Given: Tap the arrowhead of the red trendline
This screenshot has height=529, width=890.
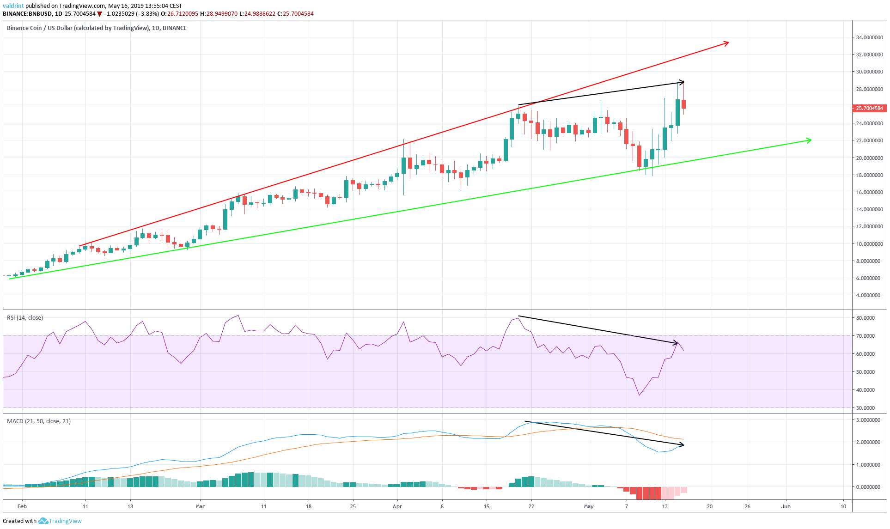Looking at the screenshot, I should coord(727,43).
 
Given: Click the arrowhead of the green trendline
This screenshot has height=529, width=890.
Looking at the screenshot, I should coord(810,140).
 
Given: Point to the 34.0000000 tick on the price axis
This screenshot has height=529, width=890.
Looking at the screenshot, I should coord(869,37).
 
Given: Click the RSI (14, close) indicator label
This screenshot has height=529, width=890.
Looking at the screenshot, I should coord(25,318).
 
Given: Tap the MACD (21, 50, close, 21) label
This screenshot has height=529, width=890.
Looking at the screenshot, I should coord(39,421).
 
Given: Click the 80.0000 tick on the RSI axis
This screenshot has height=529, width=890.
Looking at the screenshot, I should coord(865,318).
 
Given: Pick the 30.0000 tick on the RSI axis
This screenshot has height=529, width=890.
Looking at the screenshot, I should coord(865,408).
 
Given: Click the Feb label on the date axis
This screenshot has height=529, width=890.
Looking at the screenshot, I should coord(22,506).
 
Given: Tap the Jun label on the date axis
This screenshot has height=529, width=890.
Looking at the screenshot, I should coord(786,506).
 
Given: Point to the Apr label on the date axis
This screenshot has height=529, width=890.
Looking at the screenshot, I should coord(397,506).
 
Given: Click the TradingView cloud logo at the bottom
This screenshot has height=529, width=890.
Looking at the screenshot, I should coord(43,521).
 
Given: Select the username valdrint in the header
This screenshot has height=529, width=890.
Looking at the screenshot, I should coord(13,6).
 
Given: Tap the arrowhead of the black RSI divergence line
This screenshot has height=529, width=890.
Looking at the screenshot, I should coord(676,343).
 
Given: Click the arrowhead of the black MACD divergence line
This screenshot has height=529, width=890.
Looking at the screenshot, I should coord(682,444).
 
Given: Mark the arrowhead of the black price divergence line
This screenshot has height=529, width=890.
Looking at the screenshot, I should coord(682,82).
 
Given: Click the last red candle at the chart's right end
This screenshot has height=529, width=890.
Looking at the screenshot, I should coord(683,104).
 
